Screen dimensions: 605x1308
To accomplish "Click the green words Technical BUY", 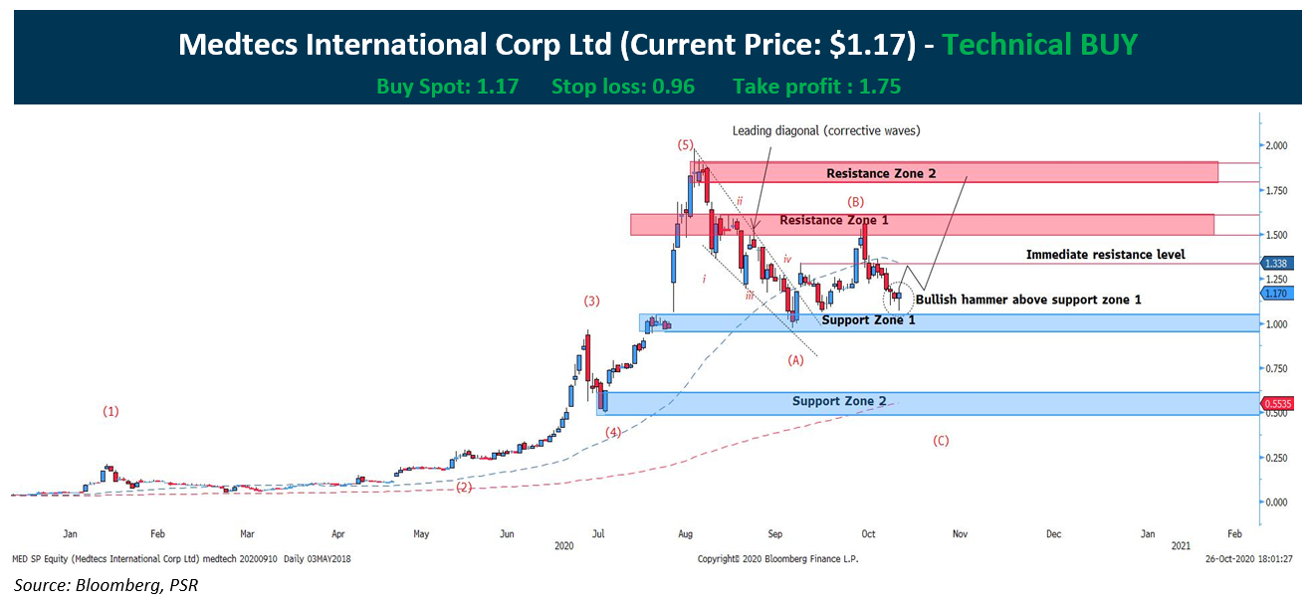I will pos(1039,44).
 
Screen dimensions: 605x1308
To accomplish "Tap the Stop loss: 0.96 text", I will pos(623,87).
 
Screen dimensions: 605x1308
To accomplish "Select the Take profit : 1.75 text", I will pos(816,87).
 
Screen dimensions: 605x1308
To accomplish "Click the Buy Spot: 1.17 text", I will pos(447,87).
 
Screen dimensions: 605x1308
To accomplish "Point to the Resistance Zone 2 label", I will pos(881,173).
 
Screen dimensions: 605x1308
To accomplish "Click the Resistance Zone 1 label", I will pos(834,220).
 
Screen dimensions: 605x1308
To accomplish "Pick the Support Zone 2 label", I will pos(839,401).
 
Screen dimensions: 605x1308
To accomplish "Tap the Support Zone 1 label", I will pos(868,319).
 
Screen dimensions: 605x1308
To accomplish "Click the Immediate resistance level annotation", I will pos(1105,255).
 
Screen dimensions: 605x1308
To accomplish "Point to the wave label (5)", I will pos(686,144).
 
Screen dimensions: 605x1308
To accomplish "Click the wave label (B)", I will pos(855,202).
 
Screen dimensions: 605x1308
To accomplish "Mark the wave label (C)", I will pos(940,440).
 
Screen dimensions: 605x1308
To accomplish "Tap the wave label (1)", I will pos(110,410).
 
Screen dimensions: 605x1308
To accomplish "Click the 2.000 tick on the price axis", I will pos(1277,145).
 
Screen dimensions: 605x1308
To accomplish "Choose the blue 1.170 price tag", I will pos(1277,295).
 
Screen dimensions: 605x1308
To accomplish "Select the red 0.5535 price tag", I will pos(1279,404).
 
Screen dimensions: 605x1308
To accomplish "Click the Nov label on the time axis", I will pos(960,534).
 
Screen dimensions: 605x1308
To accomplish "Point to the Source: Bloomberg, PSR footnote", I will pos(106,584).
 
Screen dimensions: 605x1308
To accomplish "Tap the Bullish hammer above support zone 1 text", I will pos(1028,299).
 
